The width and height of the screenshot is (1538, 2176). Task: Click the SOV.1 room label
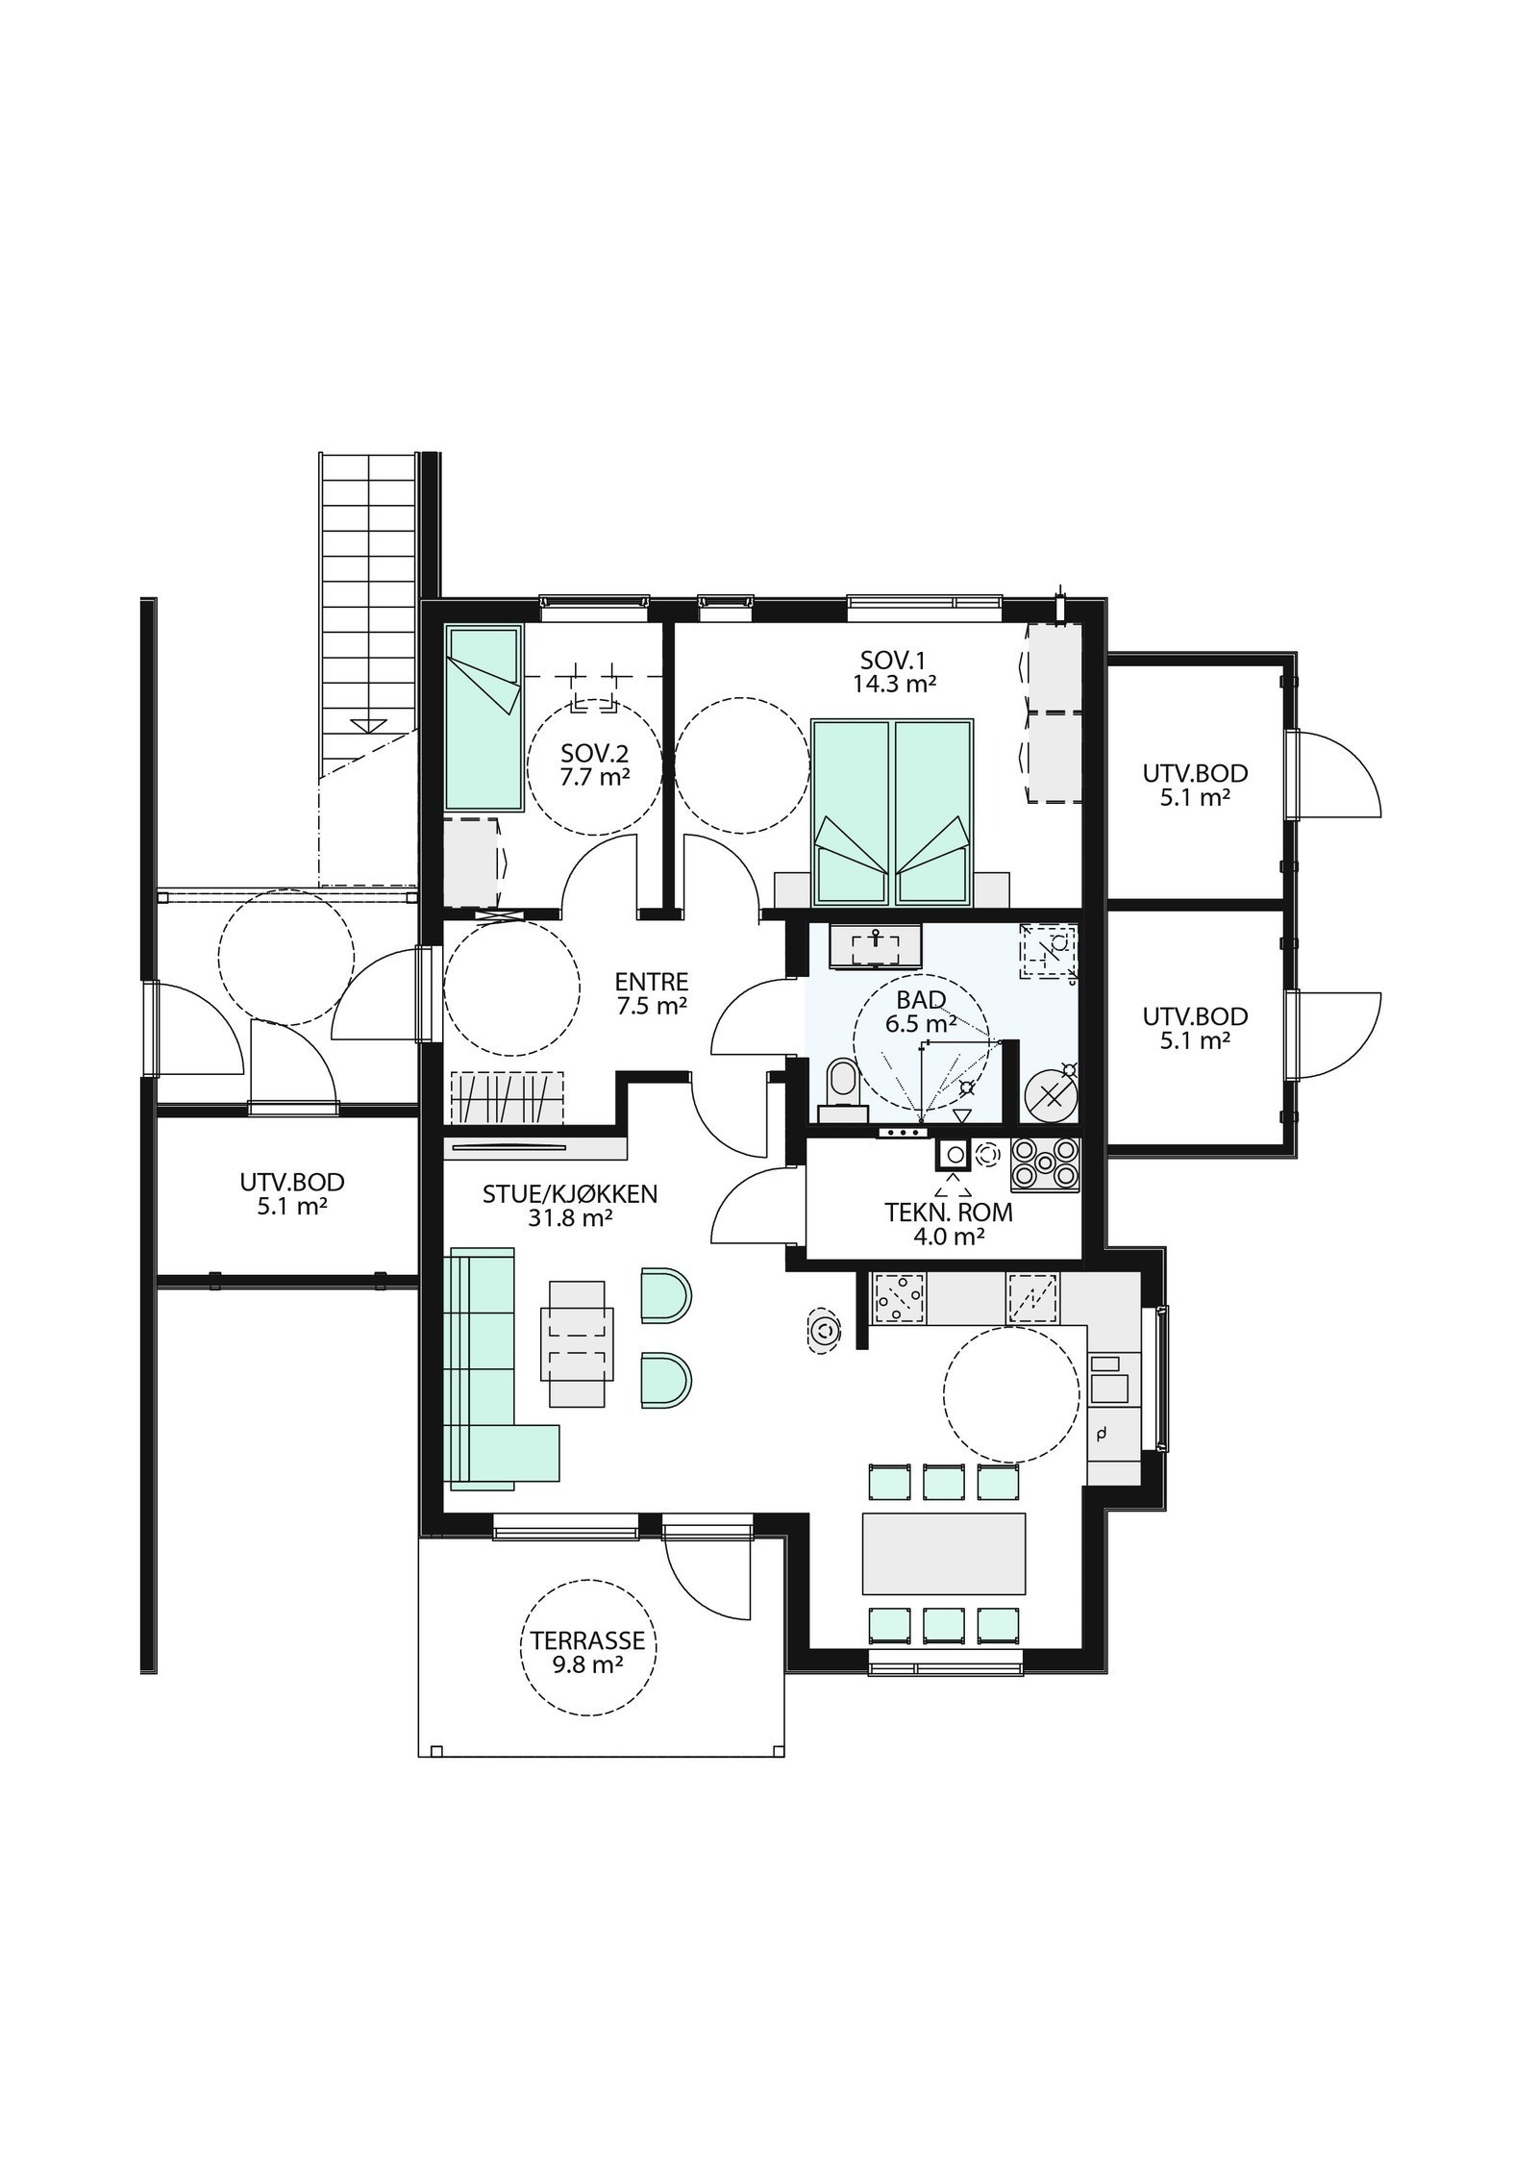(x=894, y=660)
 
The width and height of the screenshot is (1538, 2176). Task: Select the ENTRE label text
(x=652, y=982)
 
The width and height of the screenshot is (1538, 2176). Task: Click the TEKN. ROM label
(x=949, y=1213)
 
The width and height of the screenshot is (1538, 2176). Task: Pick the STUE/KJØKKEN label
(x=570, y=1194)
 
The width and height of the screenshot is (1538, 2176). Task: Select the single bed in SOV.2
(x=484, y=718)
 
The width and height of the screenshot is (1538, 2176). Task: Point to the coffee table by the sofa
(x=577, y=1343)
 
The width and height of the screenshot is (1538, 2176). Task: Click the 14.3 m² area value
(x=894, y=684)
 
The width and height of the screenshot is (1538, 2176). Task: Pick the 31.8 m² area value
(x=570, y=1218)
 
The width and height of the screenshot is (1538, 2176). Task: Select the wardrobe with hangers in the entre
(x=507, y=1097)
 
